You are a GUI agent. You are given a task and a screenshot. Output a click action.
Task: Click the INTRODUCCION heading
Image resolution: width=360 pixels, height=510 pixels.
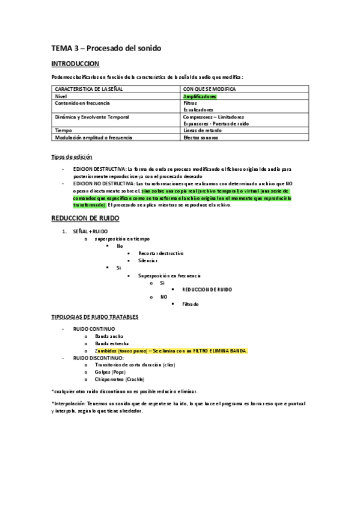75,63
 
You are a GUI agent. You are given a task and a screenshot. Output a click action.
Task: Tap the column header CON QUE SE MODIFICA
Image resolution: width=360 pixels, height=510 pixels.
209,89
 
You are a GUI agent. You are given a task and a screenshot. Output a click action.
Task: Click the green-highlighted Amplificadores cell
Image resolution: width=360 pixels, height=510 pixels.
200,96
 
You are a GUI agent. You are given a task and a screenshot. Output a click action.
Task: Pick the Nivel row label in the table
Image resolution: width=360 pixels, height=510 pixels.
61,96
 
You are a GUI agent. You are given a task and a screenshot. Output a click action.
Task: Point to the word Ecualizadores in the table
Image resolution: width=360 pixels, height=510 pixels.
198,110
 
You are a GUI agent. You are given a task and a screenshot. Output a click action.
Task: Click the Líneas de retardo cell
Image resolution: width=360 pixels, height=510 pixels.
202,131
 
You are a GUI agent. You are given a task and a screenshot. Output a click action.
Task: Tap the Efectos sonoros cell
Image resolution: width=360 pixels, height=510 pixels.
201,137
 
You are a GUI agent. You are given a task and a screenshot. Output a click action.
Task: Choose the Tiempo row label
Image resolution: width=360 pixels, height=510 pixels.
63,131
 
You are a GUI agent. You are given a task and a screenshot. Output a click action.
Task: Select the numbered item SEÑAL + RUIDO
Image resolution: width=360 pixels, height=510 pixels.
90,231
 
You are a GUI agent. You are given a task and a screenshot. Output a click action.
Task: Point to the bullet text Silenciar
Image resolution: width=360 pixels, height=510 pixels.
147,260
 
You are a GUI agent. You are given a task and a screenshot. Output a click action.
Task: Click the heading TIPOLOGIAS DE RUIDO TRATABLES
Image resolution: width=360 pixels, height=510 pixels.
95,316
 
